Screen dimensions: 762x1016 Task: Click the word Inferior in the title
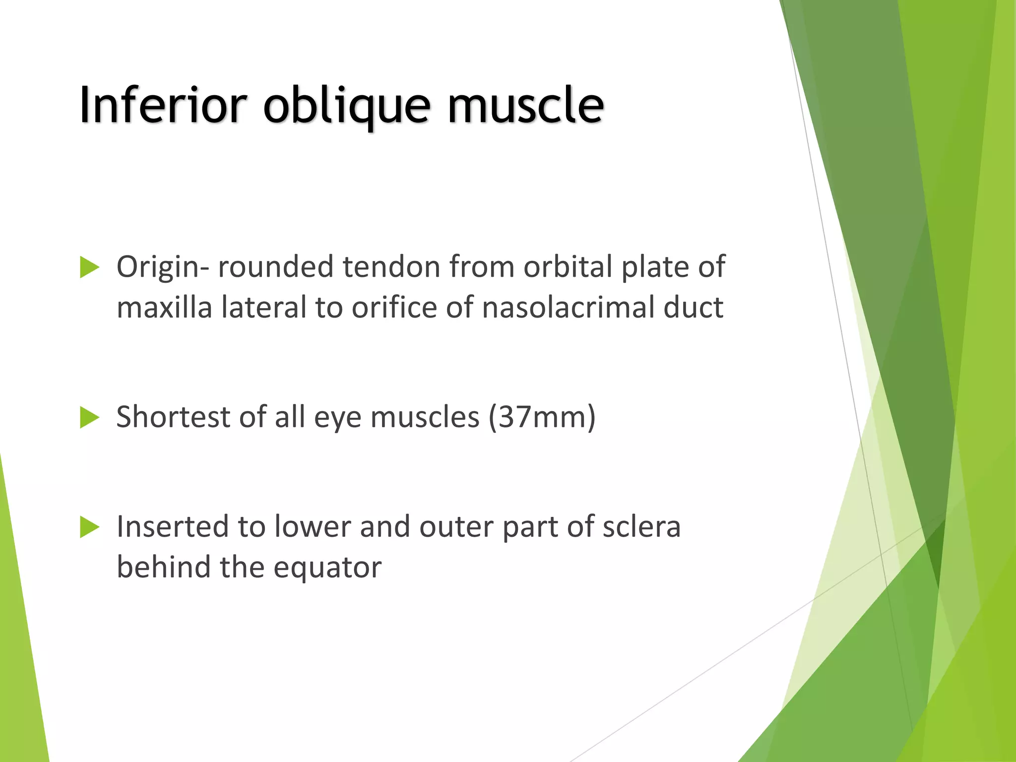click(x=163, y=105)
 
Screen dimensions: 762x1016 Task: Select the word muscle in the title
click(x=526, y=105)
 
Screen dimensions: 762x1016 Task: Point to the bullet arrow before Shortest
click(x=89, y=418)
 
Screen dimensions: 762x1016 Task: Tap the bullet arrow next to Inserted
click(x=89, y=527)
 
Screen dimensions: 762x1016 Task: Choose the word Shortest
click(x=173, y=417)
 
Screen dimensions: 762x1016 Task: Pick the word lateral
click(x=264, y=308)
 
